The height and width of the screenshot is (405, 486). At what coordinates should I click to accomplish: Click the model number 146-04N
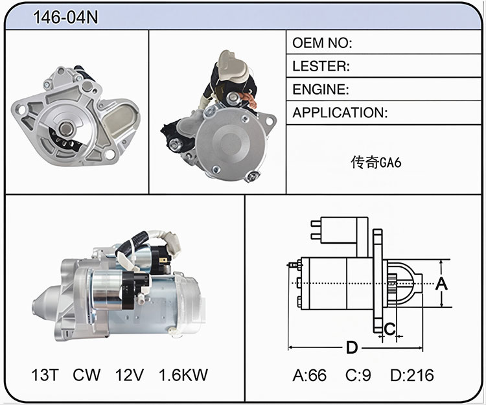(65, 17)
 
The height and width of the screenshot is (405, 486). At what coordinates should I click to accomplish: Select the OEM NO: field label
(322, 43)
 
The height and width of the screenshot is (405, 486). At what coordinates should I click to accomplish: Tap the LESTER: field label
(321, 66)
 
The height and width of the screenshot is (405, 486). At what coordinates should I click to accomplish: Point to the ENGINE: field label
(321, 89)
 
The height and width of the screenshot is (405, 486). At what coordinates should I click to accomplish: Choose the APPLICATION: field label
(340, 113)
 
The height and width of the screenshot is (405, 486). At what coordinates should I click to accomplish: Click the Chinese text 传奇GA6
(376, 163)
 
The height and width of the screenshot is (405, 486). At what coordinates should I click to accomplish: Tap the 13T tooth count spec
(45, 375)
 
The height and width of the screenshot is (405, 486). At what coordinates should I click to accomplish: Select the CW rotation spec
(86, 375)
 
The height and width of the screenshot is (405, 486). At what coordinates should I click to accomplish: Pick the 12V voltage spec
(129, 375)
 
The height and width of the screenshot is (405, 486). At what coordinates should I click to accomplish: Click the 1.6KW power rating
(183, 375)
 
